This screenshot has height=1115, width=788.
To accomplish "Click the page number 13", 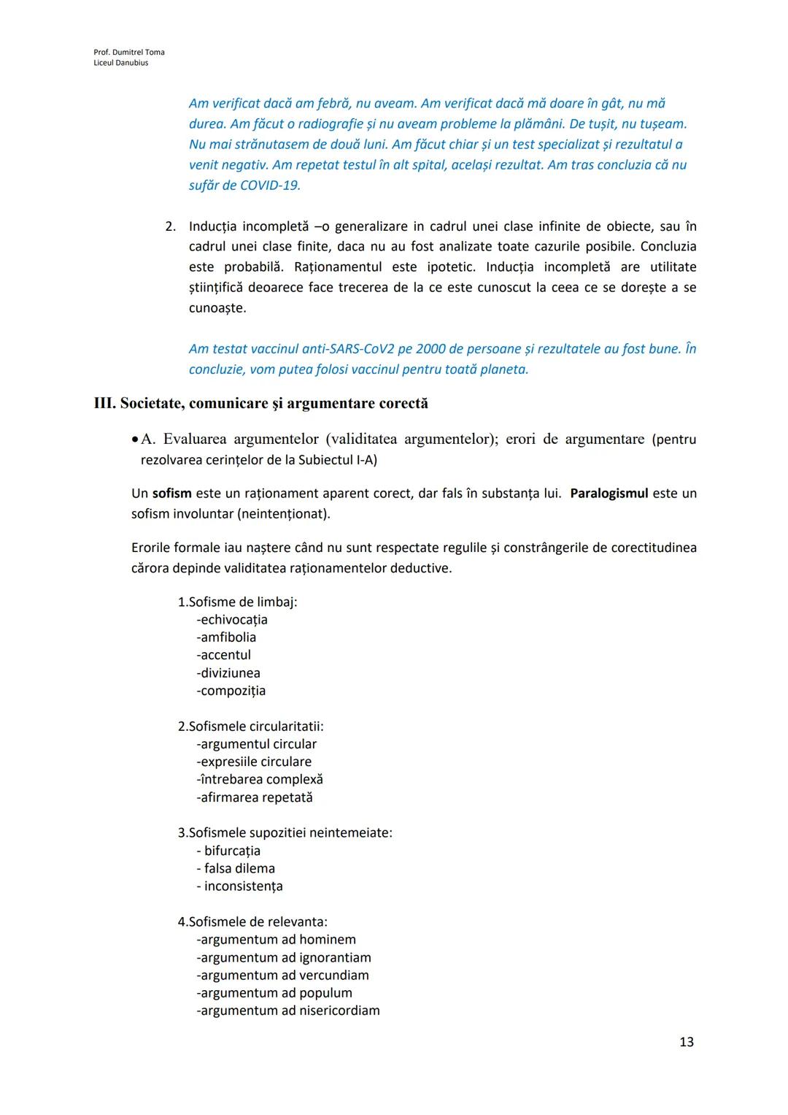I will pyautogui.click(x=686, y=1041).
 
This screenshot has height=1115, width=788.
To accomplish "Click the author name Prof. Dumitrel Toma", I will pyautogui.click(x=129, y=52).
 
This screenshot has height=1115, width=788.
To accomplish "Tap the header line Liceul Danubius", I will pyautogui.click(x=121, y=63).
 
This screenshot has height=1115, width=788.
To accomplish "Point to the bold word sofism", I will pyautogui.click(x=172, y=494).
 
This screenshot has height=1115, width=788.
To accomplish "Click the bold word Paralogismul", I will pyautogui.click(x=609, y=494).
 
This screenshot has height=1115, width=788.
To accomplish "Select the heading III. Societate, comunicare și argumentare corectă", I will pyautogui.click(x=261, y=404).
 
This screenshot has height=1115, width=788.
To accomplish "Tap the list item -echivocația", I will pyautogui.click(x=232, y=620).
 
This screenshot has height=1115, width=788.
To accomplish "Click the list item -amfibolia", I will pyautogui.click(x=226, y=637).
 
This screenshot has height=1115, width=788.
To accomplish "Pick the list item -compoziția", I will pyautogui.click(x=231, y=691).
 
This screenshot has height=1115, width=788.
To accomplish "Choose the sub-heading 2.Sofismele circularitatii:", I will pyautogui.click(x=250, y=727).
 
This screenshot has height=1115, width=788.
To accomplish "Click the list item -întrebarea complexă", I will pyautogui.click(x=260, y=780).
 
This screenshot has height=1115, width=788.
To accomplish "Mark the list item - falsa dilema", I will pyautogui.click(x=236, y=868).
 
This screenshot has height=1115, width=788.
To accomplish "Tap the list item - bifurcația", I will pyautogui.click(x=228, y=851).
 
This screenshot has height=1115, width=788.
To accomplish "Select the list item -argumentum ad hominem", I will pyautogui.click(x=276, y=940).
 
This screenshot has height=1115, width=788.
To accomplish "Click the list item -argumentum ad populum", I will pyautogui.click(x=274, y=993).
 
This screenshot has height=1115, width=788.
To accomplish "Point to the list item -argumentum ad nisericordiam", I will pyautogui.click(x=288, y=1011).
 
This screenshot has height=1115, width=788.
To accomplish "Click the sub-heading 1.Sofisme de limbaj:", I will pyautogui.click(x=237, y=602).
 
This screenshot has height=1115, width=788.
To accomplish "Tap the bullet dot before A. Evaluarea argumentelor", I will pyautogui.click(x=135, y=440).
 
